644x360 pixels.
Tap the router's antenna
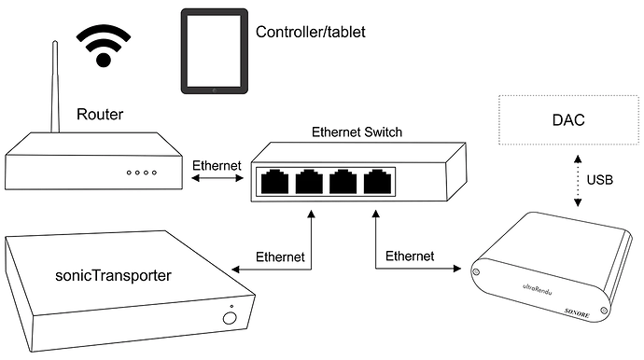(x=55, y=86)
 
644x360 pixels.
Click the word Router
(x=100, y=114)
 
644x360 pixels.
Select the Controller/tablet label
(x=311, y=32)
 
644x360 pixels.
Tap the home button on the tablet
(x=215, y=90)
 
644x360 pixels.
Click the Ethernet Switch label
(x=357, y=132)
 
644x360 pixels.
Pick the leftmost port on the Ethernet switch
(x=274, y=182)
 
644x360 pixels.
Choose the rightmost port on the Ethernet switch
(x=377, y=182)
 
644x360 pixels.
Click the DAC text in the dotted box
(x=568, y=120)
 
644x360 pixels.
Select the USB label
(x=599, y=180)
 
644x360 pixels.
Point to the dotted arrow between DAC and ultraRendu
(x=578, y=181)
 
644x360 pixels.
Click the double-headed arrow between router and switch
(x=217, y=178)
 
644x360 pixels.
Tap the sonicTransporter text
(x=113, y=275)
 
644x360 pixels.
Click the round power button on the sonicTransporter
(x=230, y=318)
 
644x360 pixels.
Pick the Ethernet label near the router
(x=217, y=165)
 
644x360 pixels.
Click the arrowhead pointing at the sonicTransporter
(x=236, y=270)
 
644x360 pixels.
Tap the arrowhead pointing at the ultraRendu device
(x=457, y=269)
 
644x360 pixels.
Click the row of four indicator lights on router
(x=142, y=173)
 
